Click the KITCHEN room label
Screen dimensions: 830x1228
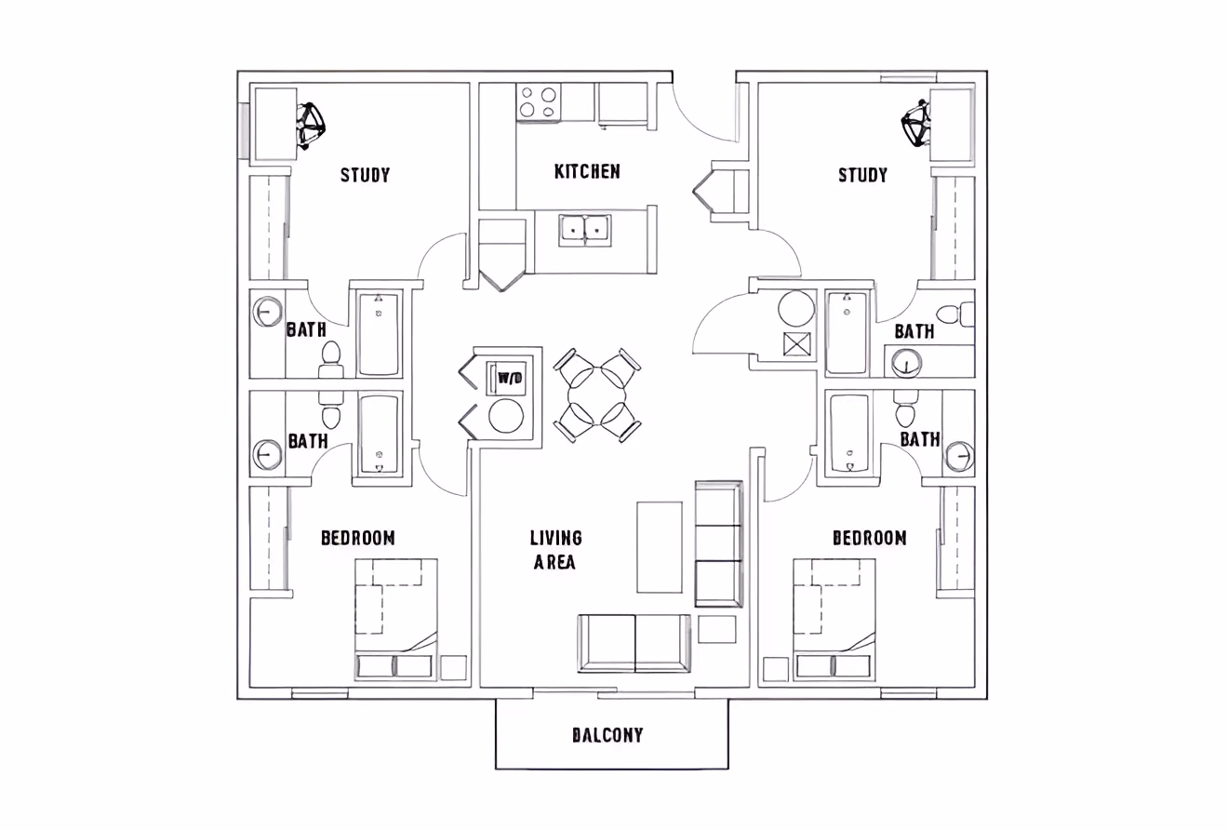point(587,171)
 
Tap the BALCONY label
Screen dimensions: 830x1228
point(607,735)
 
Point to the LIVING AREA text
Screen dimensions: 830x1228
point(555,550)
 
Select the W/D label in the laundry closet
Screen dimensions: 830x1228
point(509,378)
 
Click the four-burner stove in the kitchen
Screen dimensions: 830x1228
point(539,101)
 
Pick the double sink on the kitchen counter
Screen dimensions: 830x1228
point(584,229)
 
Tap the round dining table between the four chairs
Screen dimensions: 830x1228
point(596,395)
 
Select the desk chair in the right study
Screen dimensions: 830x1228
point(915,124)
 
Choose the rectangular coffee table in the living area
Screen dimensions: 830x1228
point(660,546)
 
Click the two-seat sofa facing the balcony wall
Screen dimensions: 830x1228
point(634,643)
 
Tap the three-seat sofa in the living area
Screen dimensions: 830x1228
point(718,544)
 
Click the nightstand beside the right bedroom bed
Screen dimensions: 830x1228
point(775,669)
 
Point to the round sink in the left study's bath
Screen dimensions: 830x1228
point(267,312)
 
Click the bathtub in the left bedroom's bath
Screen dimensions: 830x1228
point(379,435)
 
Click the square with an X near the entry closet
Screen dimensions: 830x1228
point(798,344)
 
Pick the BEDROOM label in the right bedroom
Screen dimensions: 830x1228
point(869,538)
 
